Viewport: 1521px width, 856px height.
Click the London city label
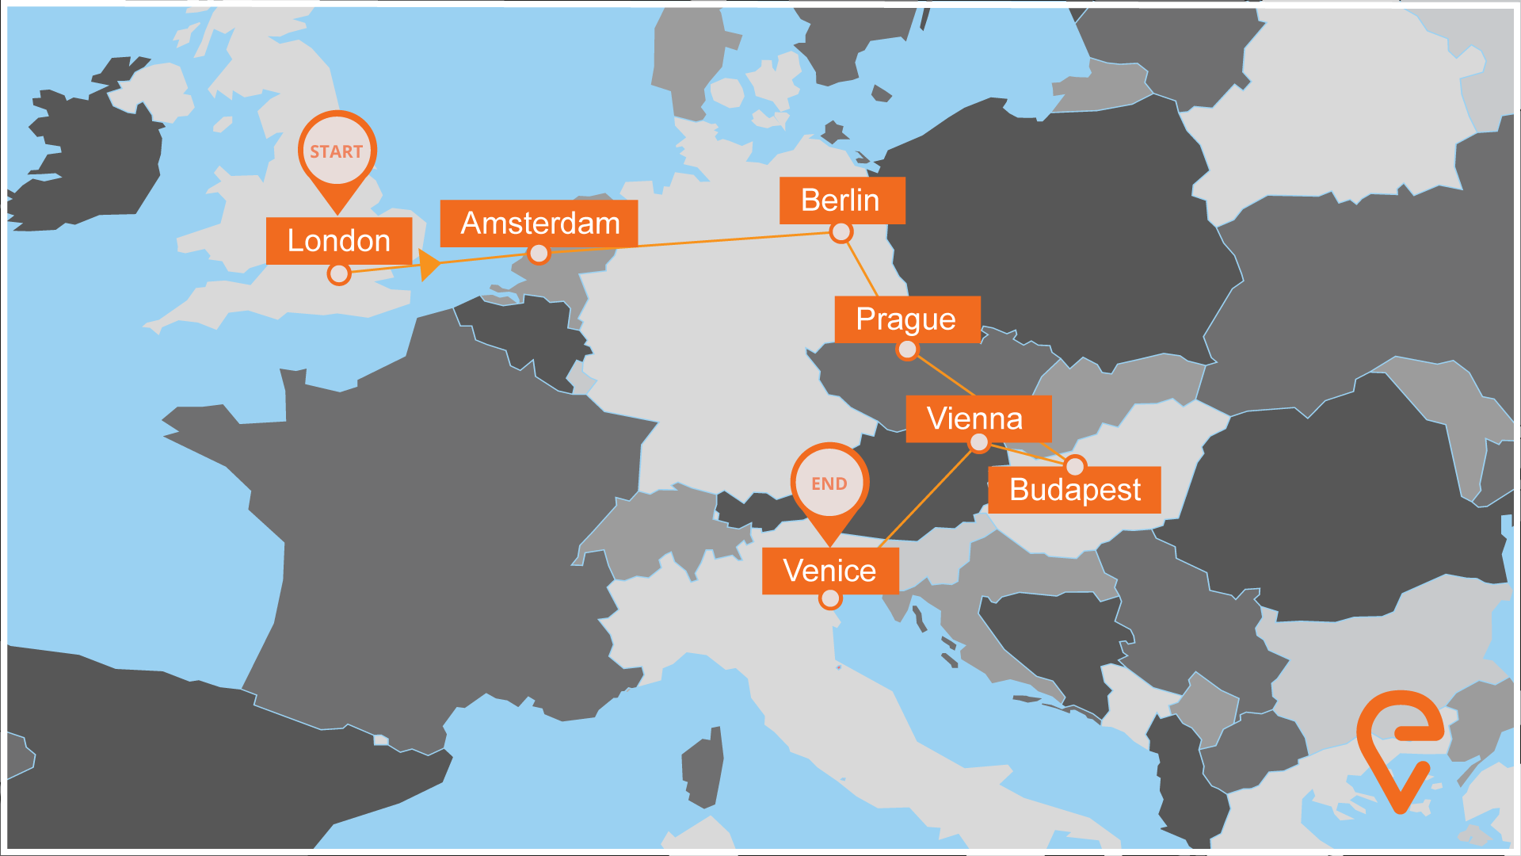pos(338,240)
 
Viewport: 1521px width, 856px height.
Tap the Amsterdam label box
pos(539,223)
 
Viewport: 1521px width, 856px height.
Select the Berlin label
pos(841,200)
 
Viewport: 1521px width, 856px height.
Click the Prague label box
pos(906,319)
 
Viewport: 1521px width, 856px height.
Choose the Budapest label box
pos(1074,489)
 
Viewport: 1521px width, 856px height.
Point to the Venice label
pos(829,571)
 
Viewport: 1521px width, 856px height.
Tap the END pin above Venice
pos(829,483)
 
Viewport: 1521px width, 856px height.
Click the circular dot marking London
pos(339,274)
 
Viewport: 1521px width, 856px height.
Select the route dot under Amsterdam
pos(539,254)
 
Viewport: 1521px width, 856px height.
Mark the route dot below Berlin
pos(841,232)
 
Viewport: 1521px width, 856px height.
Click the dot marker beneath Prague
pos(907,350)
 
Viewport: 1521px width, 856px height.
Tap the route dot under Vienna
pos(979,443)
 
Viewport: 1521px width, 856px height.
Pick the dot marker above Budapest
pos(1075,466)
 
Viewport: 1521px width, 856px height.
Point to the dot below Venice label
pos(830,598)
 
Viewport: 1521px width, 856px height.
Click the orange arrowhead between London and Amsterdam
pos(429,265)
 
